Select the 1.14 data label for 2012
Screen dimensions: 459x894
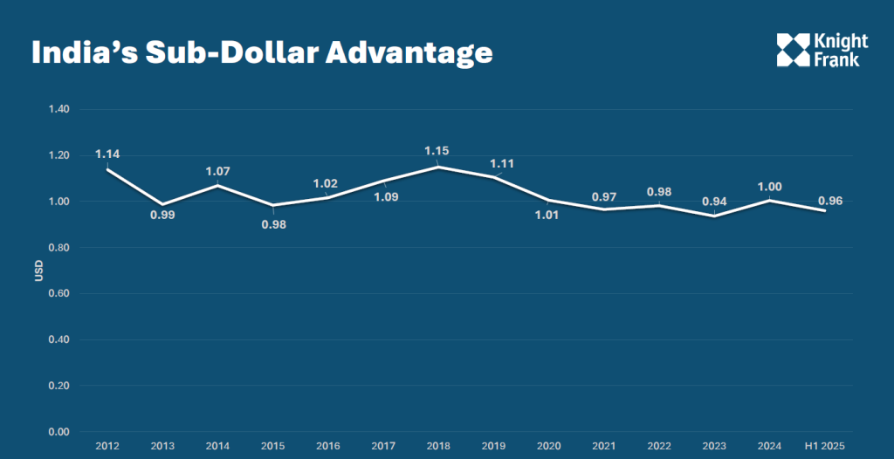107,154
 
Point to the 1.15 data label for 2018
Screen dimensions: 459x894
437,151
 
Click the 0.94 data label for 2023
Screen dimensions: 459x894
714,201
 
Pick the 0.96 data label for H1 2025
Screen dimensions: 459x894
830,201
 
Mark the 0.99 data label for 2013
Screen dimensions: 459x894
162,215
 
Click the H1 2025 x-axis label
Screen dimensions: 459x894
825,446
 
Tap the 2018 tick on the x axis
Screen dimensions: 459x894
437,446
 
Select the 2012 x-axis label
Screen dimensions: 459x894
107,446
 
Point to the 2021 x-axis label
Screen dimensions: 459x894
604,446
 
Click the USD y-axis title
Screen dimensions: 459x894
38,271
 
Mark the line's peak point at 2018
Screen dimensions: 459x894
437,167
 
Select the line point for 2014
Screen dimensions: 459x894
217,185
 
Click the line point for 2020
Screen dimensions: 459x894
548,200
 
